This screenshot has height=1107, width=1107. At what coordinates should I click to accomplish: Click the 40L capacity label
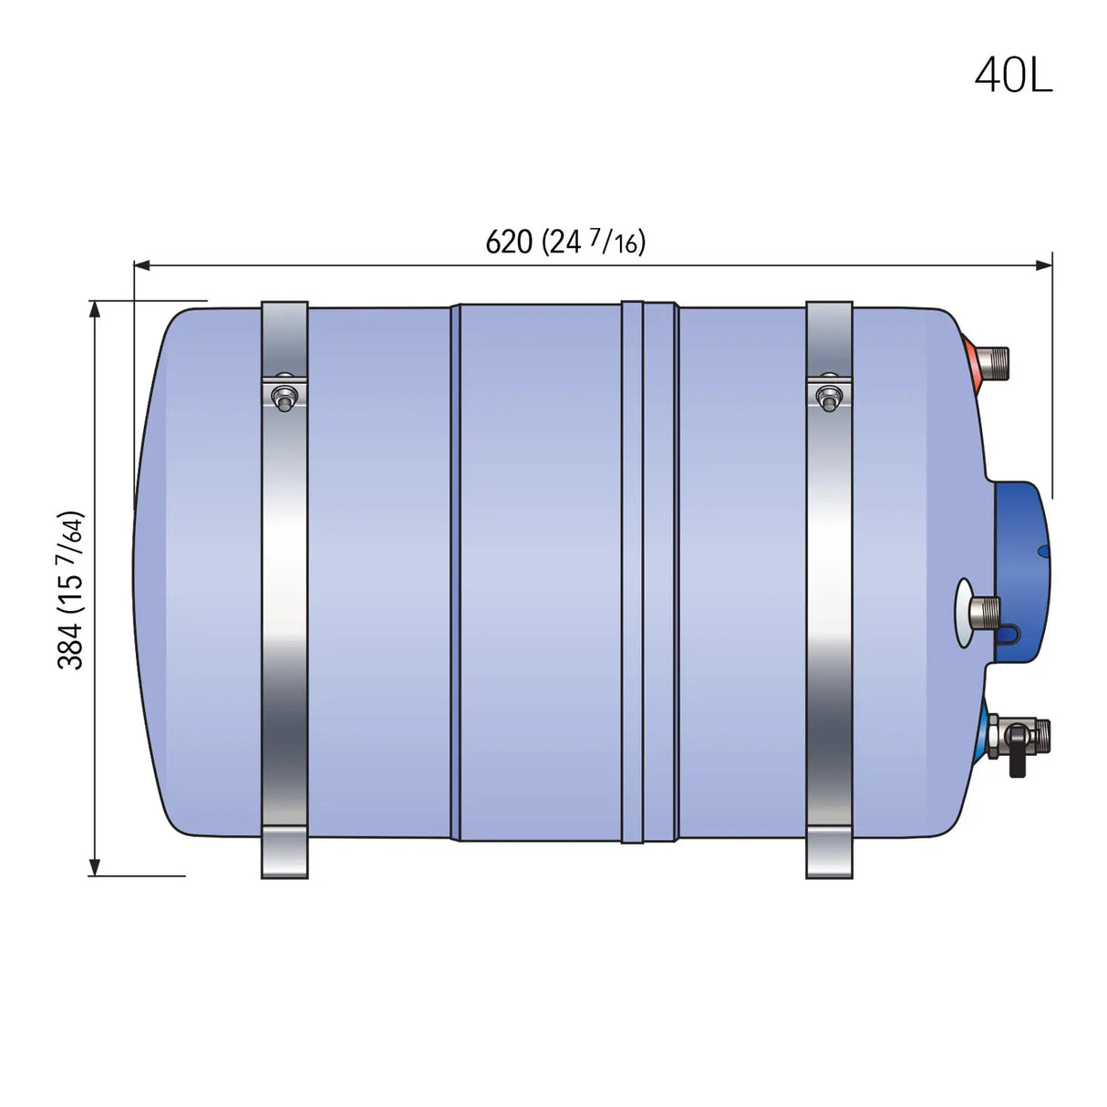[1013, 74]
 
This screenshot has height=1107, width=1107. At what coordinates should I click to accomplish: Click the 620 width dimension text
[509, 243]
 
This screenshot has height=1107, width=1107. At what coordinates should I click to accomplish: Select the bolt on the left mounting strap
[285, 397]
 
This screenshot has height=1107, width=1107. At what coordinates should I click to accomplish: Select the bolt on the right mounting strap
[828, 397]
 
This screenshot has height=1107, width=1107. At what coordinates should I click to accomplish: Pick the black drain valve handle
[1016, 762]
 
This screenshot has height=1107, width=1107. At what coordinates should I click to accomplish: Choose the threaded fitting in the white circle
[983, 606]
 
